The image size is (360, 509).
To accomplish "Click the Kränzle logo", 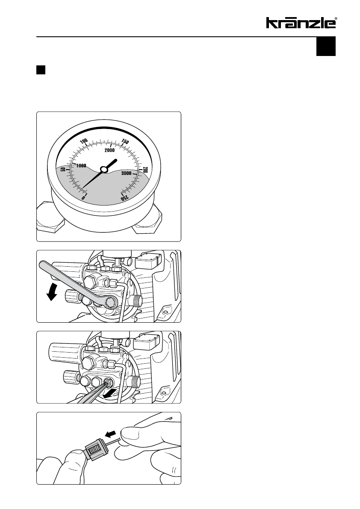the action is pyautogui.click(x=301, y=23).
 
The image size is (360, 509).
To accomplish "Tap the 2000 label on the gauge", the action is pyautogui.click(x=109, y=150).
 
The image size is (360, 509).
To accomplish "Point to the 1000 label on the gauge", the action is pyautogui.click(x=81, y=165).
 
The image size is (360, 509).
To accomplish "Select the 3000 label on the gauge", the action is pyautogui.click(x=126, y=174).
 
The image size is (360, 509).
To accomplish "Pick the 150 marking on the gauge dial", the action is pyautogui.click(x=125, y=141).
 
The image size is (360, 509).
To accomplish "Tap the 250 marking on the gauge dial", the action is pyautogui.click(x=125, y=198).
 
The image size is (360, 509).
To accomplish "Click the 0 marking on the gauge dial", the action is pyautogui.click(x=83, y=197).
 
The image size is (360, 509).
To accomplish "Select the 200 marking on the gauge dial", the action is pyautogui.click(x=145, y=170).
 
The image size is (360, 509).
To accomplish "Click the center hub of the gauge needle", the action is pyautogui.click(x=104, y=169).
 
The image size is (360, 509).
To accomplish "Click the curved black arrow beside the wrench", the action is pyautogui.click(x=52, y=291).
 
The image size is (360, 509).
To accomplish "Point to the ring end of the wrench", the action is pyautogui.click(x=110, y=303).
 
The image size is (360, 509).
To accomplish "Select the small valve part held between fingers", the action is pyautogui.click(x=93, y=450).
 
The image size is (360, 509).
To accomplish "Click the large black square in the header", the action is pyautogui.click(x=326, y=47).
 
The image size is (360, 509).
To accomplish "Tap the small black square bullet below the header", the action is pyautogui.click(x=41, y=70).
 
